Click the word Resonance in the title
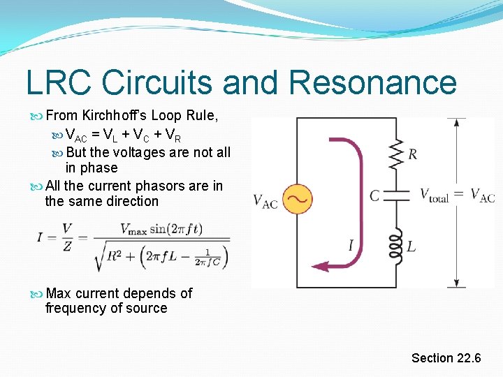click(x=372, y=83)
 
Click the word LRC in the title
click(x=59, y=83)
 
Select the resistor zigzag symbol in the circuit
click(x=397, y=154)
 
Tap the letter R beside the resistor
click(x=413, y=154)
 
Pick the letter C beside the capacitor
click(x=375, y=195)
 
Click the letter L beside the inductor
click(x=411, y=246)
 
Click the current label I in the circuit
click(x=351, y=245)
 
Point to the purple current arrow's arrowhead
click(x=319, y=266)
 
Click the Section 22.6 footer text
click(x=446, y=358)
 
